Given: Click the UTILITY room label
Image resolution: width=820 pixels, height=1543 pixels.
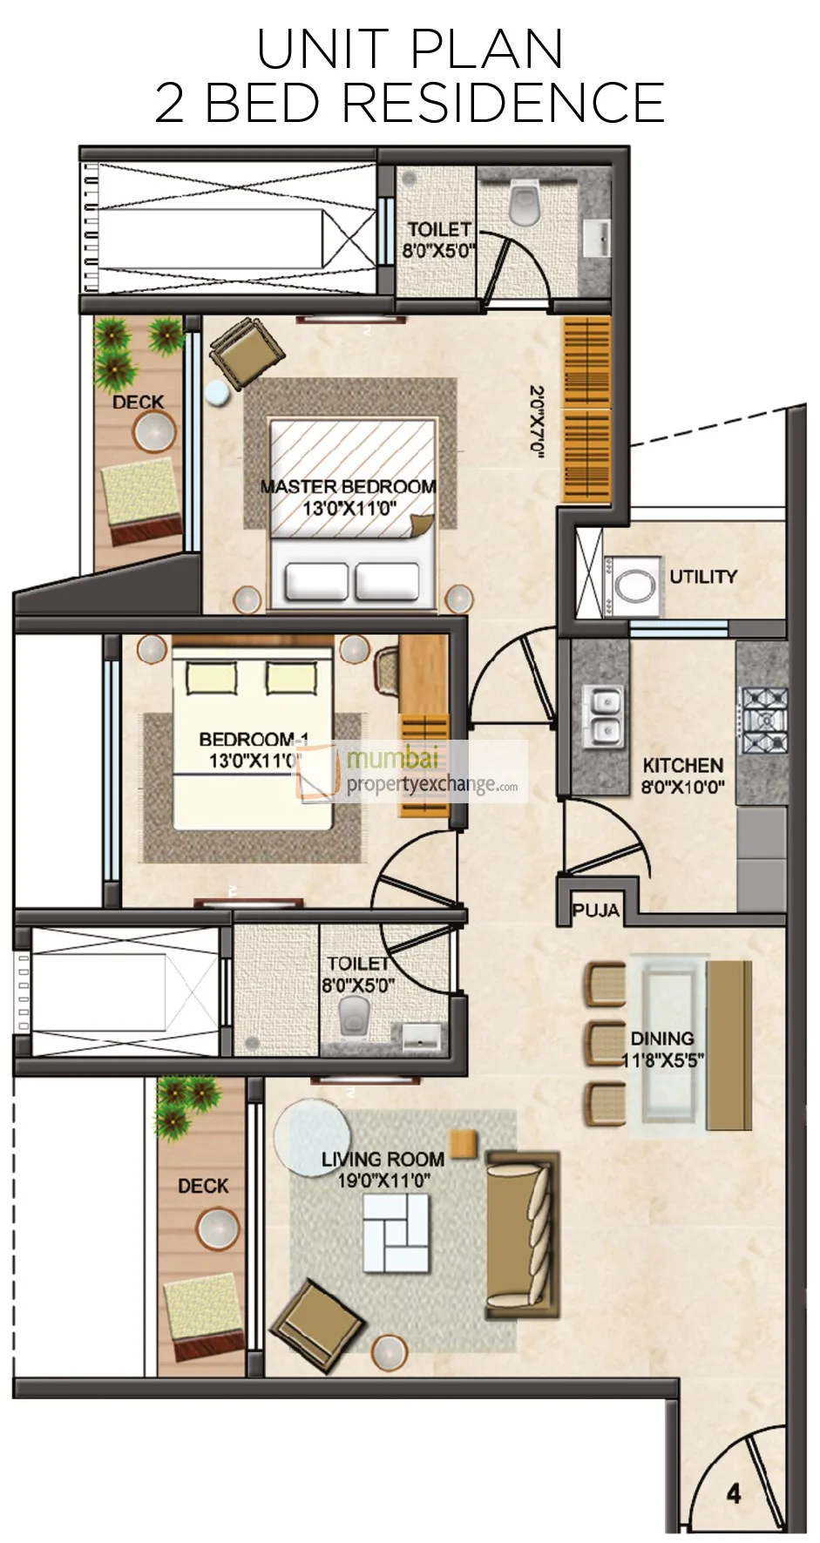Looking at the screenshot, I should tap(702, 577).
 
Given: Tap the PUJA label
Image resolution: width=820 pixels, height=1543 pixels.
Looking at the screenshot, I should tap(596, 911).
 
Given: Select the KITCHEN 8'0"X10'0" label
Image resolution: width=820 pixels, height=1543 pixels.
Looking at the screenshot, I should tap(682, 776).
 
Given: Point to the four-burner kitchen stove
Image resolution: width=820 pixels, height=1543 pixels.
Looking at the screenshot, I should tap(764, 721).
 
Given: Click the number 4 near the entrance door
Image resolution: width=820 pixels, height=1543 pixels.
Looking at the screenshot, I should tap(734, 1494).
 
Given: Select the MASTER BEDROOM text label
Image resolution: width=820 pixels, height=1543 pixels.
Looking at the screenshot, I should tap(348, 487).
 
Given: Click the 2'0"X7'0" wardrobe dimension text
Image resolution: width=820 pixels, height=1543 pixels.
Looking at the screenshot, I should tap(538, 421).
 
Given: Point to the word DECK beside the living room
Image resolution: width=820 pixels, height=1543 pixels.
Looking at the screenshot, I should tap(203, 1186).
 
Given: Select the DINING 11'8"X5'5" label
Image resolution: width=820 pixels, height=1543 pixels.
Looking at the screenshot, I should tap(662, 1049).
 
